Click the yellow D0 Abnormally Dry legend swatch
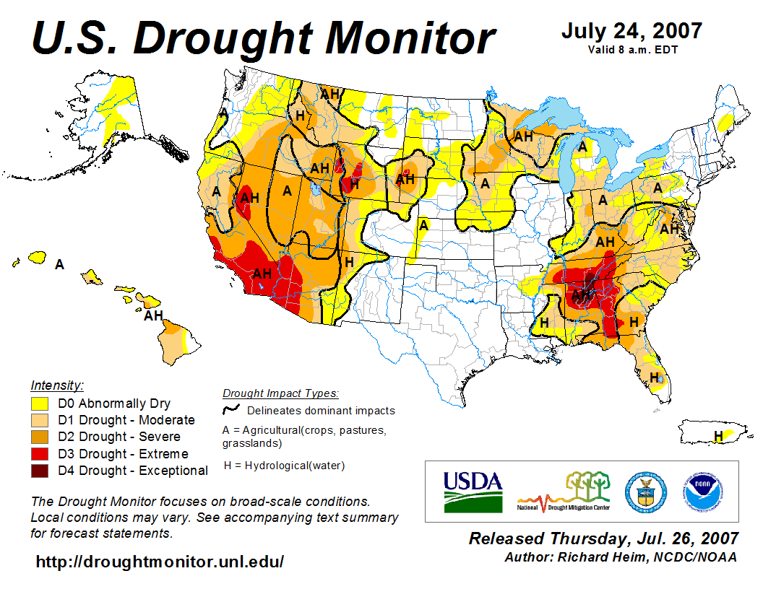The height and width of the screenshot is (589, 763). click(40, 403)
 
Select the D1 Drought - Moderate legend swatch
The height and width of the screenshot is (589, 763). click(40, 420)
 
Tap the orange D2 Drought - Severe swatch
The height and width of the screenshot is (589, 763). click(40, 437)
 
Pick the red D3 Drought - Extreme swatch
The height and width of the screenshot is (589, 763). click(40, 454)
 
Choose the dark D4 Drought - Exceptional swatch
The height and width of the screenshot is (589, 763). click(40, 471)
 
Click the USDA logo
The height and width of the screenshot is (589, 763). click(473, 491)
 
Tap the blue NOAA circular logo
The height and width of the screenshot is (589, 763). click(701, 491)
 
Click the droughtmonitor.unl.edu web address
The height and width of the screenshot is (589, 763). click(160, 562)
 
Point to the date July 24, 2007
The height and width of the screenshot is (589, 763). click(631, 31)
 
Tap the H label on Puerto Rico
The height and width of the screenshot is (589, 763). click(718, 435)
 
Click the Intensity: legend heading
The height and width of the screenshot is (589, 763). click(57, 385)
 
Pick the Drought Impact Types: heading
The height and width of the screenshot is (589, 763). click(280, 393)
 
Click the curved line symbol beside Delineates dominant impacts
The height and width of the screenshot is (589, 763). click(231, 410)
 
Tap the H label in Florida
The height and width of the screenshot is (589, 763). click(655, 377)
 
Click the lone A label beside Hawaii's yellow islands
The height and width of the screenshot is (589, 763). click(60, 265)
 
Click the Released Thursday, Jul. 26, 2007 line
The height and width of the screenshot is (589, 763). click(603, 538)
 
